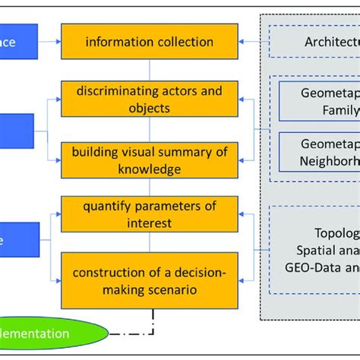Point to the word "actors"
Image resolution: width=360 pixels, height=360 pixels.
coord(184,92)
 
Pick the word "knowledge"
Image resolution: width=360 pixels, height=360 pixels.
coord(150,169)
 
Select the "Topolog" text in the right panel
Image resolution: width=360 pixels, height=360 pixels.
coord(335,232)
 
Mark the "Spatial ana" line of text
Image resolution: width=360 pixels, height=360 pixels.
coord(326,249)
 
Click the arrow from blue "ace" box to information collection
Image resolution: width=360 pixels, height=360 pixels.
coord(48,42)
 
